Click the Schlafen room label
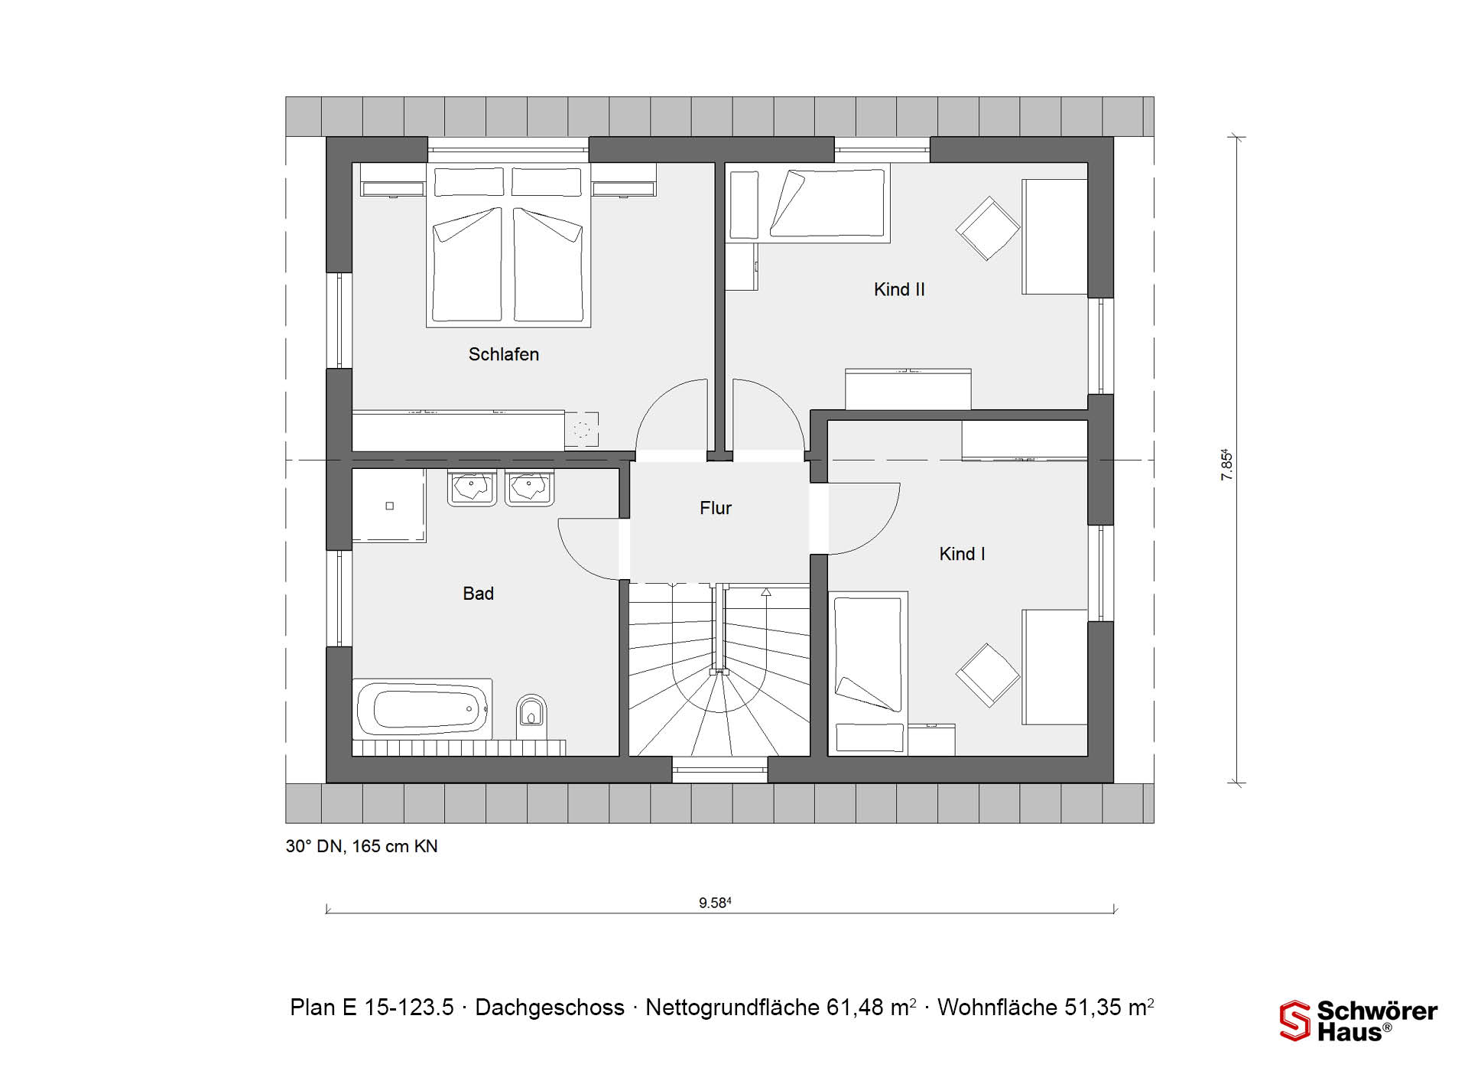click(x=503, y=354)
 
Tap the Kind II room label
click(x=899, y=289)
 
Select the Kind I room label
click(x=962, y=554)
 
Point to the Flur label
click(x=716, y=508)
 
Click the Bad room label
click(x=478, y=594)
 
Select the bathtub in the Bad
click(x=422, y=708)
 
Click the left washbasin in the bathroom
click(x=472, y=488)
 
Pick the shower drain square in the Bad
click(x=390, y=506)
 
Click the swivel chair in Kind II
click(x=988, y=228)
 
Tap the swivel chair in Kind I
click(x=988, y=675)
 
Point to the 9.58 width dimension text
click(x=715, y=903)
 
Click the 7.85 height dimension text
click(x=1226, y=464)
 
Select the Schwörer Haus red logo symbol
click(x=1295, y=1021)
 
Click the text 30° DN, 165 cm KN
click(x=362, y=846)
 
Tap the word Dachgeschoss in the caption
click(x=550, y=1008)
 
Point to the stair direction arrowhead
click(x=766, y=592)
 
